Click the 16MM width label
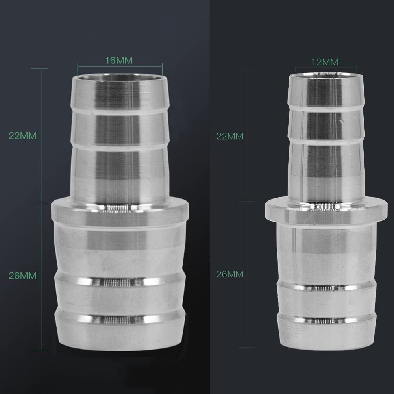tap(119, 60)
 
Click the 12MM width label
tap(325, 62)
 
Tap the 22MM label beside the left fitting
tap(22, 136)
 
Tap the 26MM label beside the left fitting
tap(22, 276)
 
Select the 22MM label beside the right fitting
tap(230, 136)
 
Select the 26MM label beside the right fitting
tap(230, 274)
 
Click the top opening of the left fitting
tap(120, 77)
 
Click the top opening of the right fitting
tap(326, 74)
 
